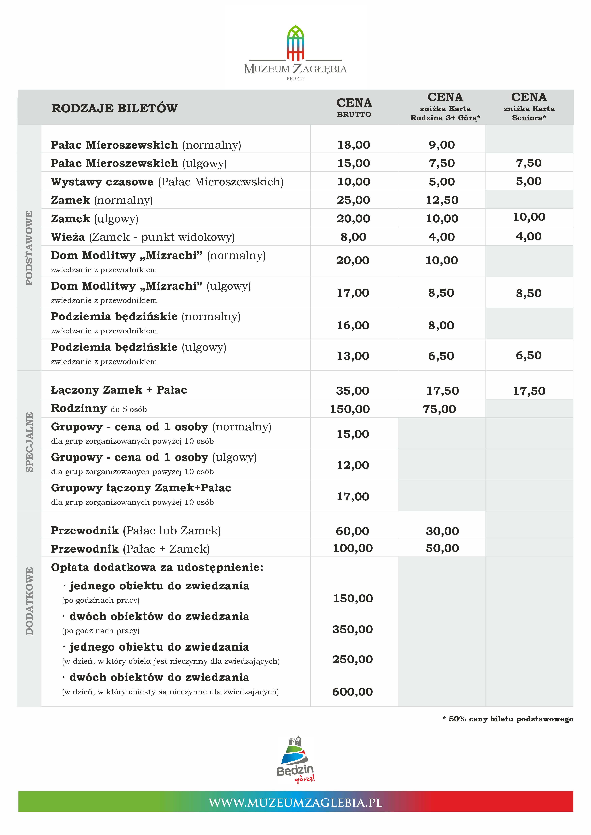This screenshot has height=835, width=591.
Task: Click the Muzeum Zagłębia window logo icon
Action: (295, 43)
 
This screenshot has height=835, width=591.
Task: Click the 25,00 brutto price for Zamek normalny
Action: (353, 200)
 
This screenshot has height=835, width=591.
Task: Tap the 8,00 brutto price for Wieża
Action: (353, 237)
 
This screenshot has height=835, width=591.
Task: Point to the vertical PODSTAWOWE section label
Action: (29, 248)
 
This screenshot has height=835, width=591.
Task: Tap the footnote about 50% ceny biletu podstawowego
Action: (508, 719)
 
